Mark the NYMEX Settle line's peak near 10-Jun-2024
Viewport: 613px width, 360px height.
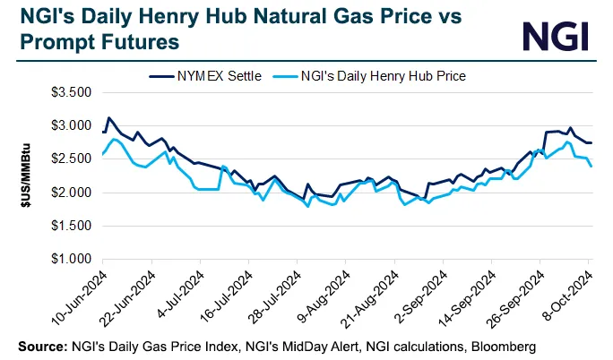pos(108,117)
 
